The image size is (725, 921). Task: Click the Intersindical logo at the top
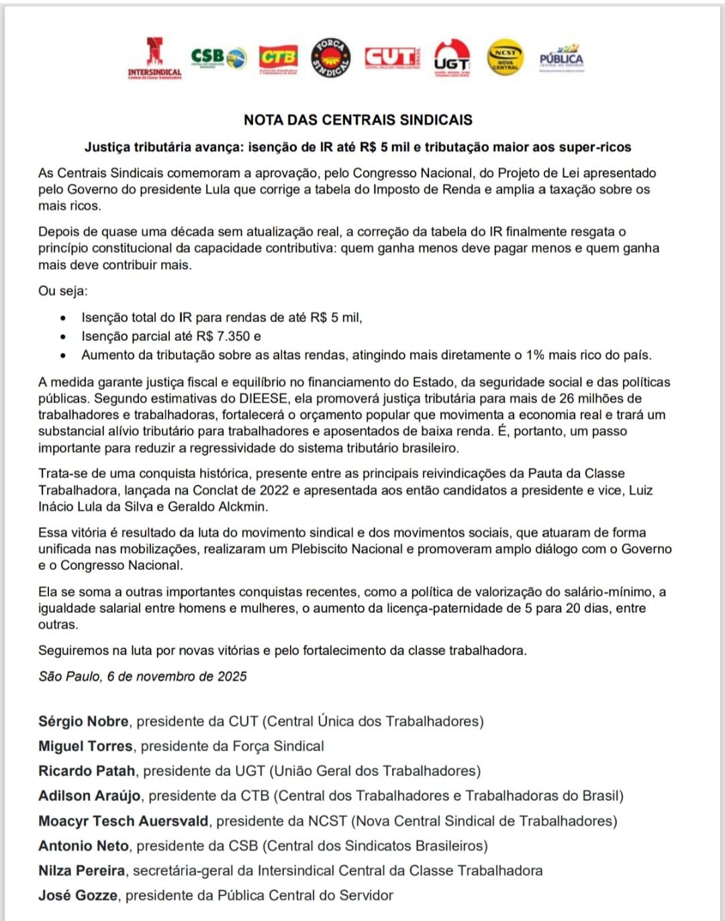pyautogui.click(x=155, y=58)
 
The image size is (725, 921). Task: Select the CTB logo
pyautogui.click(x=279, y=58)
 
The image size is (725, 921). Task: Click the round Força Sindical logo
pyautogui.click(x=332, y=58)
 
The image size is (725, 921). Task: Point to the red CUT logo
pyautogui.click(x=391, y=58)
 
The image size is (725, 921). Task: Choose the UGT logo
pyautogui.click(x=452, y=58)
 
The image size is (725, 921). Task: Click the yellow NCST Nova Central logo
pyautogui.click(x=505, y=58)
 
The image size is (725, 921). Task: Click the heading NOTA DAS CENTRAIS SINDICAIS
pyautogui.click(x=358, y=120)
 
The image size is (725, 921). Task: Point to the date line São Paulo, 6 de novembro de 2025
pyautogui.click(x=142, y=677)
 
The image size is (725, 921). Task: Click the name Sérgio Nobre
pyautogui.click(x=83, y=722)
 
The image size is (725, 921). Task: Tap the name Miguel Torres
pyautogui.click(x=85, y=746)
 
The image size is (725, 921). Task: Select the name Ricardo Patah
pyautogui.click(x=87, y=771)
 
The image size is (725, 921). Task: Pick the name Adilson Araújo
pyautogui.click(x=89, y=796)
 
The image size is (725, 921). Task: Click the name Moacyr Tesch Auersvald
pyautogui.click(x=124, y=821)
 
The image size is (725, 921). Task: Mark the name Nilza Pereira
pyautogui.click(x=81, y=871)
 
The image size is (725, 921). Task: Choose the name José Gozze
pyautogui.click(x=78, y=895)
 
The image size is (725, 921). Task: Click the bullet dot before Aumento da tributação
pyautogui.click(x=63, y=356)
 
